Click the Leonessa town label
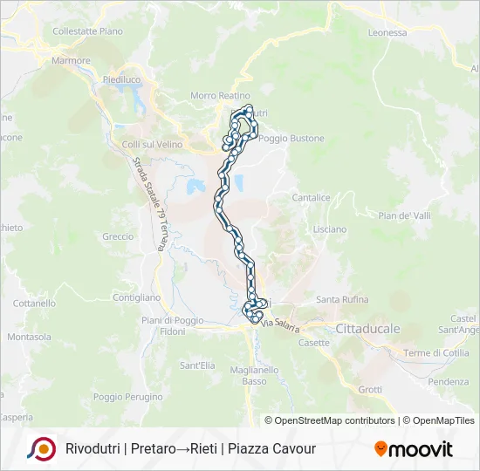click(x=387, y=33)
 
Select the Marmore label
click(x=71, y=61)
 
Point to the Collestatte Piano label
click(x=87, y=31)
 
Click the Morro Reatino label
click(x=216, y=96)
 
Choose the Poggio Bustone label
click(x=291, y=138)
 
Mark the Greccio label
click(x=118, y=236)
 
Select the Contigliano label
click(x=137, y=297)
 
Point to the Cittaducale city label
click(x=367, y=329)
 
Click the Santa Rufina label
click(x=339, y=299)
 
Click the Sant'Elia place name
click(x=196, y=365)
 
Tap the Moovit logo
click(x=414, y=449)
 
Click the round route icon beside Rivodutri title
click(x=40, y=448)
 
